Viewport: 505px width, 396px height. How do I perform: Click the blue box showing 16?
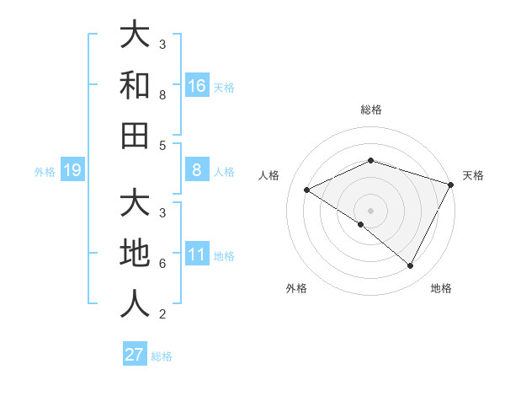[197, 85]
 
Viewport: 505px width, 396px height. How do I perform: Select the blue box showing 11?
[197, 255]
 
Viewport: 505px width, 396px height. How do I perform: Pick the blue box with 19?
[72, 171]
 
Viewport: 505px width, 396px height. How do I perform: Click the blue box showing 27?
[135, 355]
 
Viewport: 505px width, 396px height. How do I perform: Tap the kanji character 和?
[135, 85]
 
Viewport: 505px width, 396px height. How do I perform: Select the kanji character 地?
[135, 254]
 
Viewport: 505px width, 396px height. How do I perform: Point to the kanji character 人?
[135, 303]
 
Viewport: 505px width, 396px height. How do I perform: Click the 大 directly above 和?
[135, 36]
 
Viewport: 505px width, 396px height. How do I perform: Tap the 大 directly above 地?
[135, 205]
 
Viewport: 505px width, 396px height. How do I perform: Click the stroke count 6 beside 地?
[162, 264]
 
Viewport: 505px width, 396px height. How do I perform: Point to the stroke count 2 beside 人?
[162, 314]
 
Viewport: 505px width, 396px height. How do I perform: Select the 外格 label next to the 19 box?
[45, 172]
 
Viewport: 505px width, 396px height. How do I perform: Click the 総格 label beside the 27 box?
[162, 356]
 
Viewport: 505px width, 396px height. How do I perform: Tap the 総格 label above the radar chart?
[370, 110]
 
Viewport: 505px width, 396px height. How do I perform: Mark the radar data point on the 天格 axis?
[451, 184]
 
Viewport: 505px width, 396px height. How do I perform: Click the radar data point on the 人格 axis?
[307, 190]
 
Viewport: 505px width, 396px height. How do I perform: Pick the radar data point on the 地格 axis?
[411, 265]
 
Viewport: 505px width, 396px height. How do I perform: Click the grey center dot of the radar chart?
[370, 210]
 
